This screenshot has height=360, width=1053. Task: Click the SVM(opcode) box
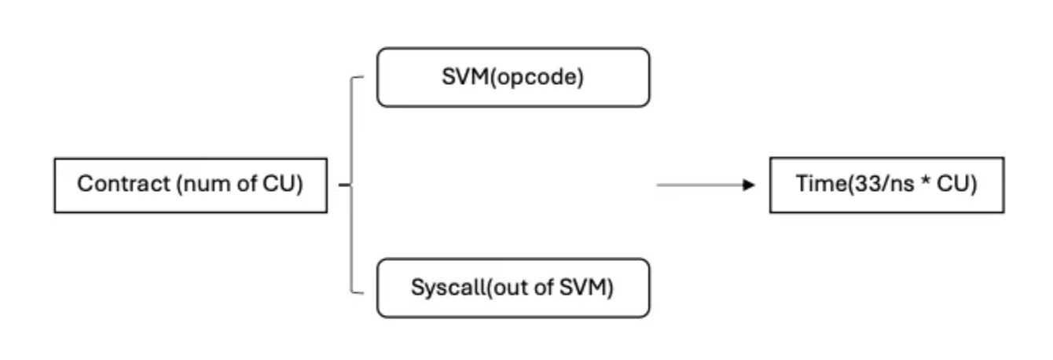coord(513,77)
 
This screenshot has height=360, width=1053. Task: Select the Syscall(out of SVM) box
coord(513,288)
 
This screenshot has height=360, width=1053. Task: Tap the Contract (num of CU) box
coord(190,185)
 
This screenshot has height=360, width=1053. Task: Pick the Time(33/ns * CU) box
coord(886,185)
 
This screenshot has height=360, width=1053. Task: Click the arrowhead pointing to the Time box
coord(748,185)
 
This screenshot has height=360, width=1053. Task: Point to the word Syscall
coord(439,288)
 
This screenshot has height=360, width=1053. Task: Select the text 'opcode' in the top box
coord(548,78)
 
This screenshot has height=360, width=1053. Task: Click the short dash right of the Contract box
coord(343,186)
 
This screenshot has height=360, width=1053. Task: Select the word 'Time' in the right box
coord(814,185)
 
